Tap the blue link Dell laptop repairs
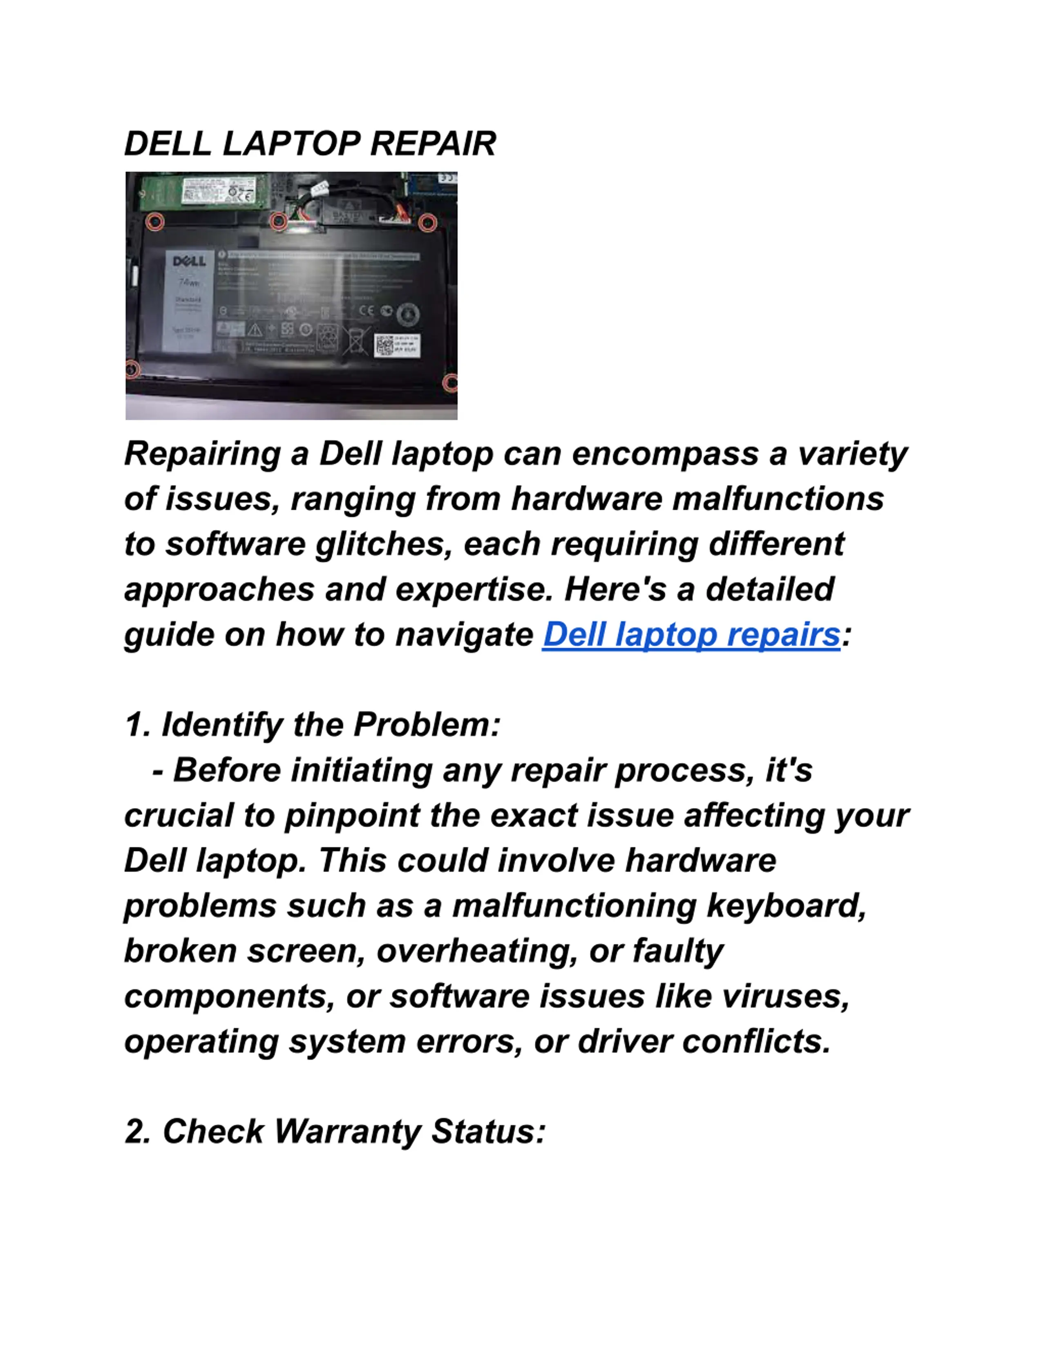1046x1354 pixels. click(x=691, y=634)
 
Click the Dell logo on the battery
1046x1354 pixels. click(x=189, y=261)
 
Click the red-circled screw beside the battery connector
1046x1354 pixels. click(x=279, y=220)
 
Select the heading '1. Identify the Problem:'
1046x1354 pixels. click(x=312, y=725)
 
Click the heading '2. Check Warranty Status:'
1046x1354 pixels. click(x=335, y=1131)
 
